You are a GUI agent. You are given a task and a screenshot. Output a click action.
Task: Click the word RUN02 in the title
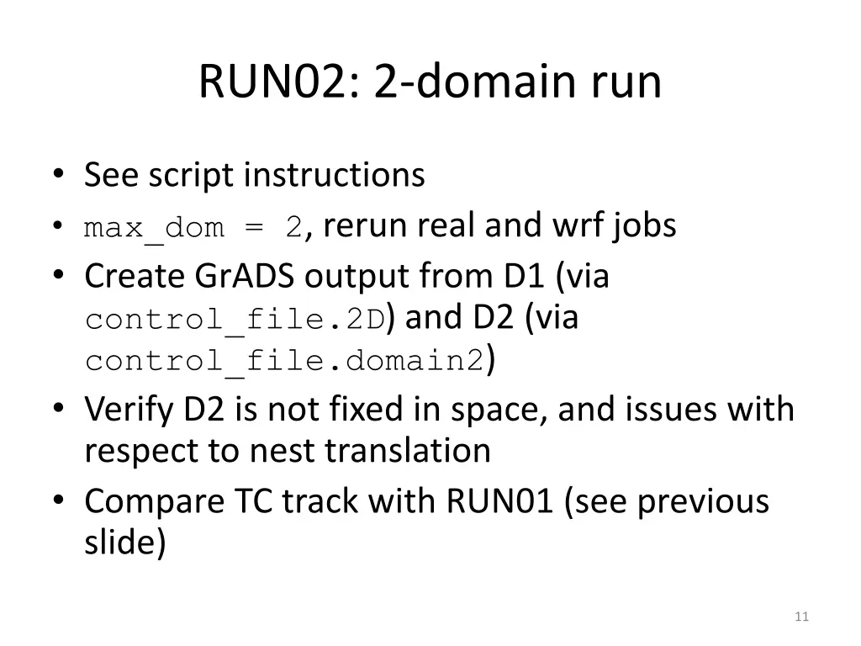click(276, 82)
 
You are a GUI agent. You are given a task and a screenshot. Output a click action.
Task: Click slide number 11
click(800, 617)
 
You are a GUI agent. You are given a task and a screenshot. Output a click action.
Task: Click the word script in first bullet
click(193, 176)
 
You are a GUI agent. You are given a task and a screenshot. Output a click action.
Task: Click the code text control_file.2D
click(235, 320)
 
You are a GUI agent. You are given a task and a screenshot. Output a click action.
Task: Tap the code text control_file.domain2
click(284, 362)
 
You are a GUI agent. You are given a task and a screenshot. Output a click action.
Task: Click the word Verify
click(129, 410)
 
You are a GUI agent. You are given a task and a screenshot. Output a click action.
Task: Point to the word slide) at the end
click(124, 543)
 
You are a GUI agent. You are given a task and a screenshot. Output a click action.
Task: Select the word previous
click(703, 501)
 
